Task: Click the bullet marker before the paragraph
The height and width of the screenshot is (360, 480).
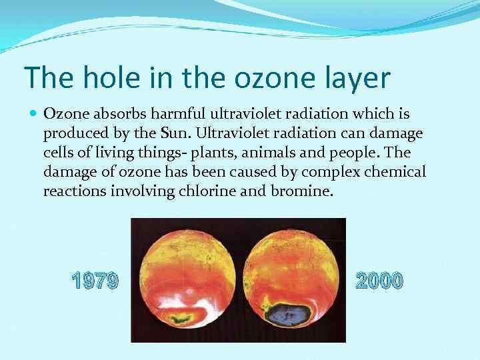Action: (33, 114)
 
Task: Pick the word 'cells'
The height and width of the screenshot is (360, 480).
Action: (58, 153)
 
